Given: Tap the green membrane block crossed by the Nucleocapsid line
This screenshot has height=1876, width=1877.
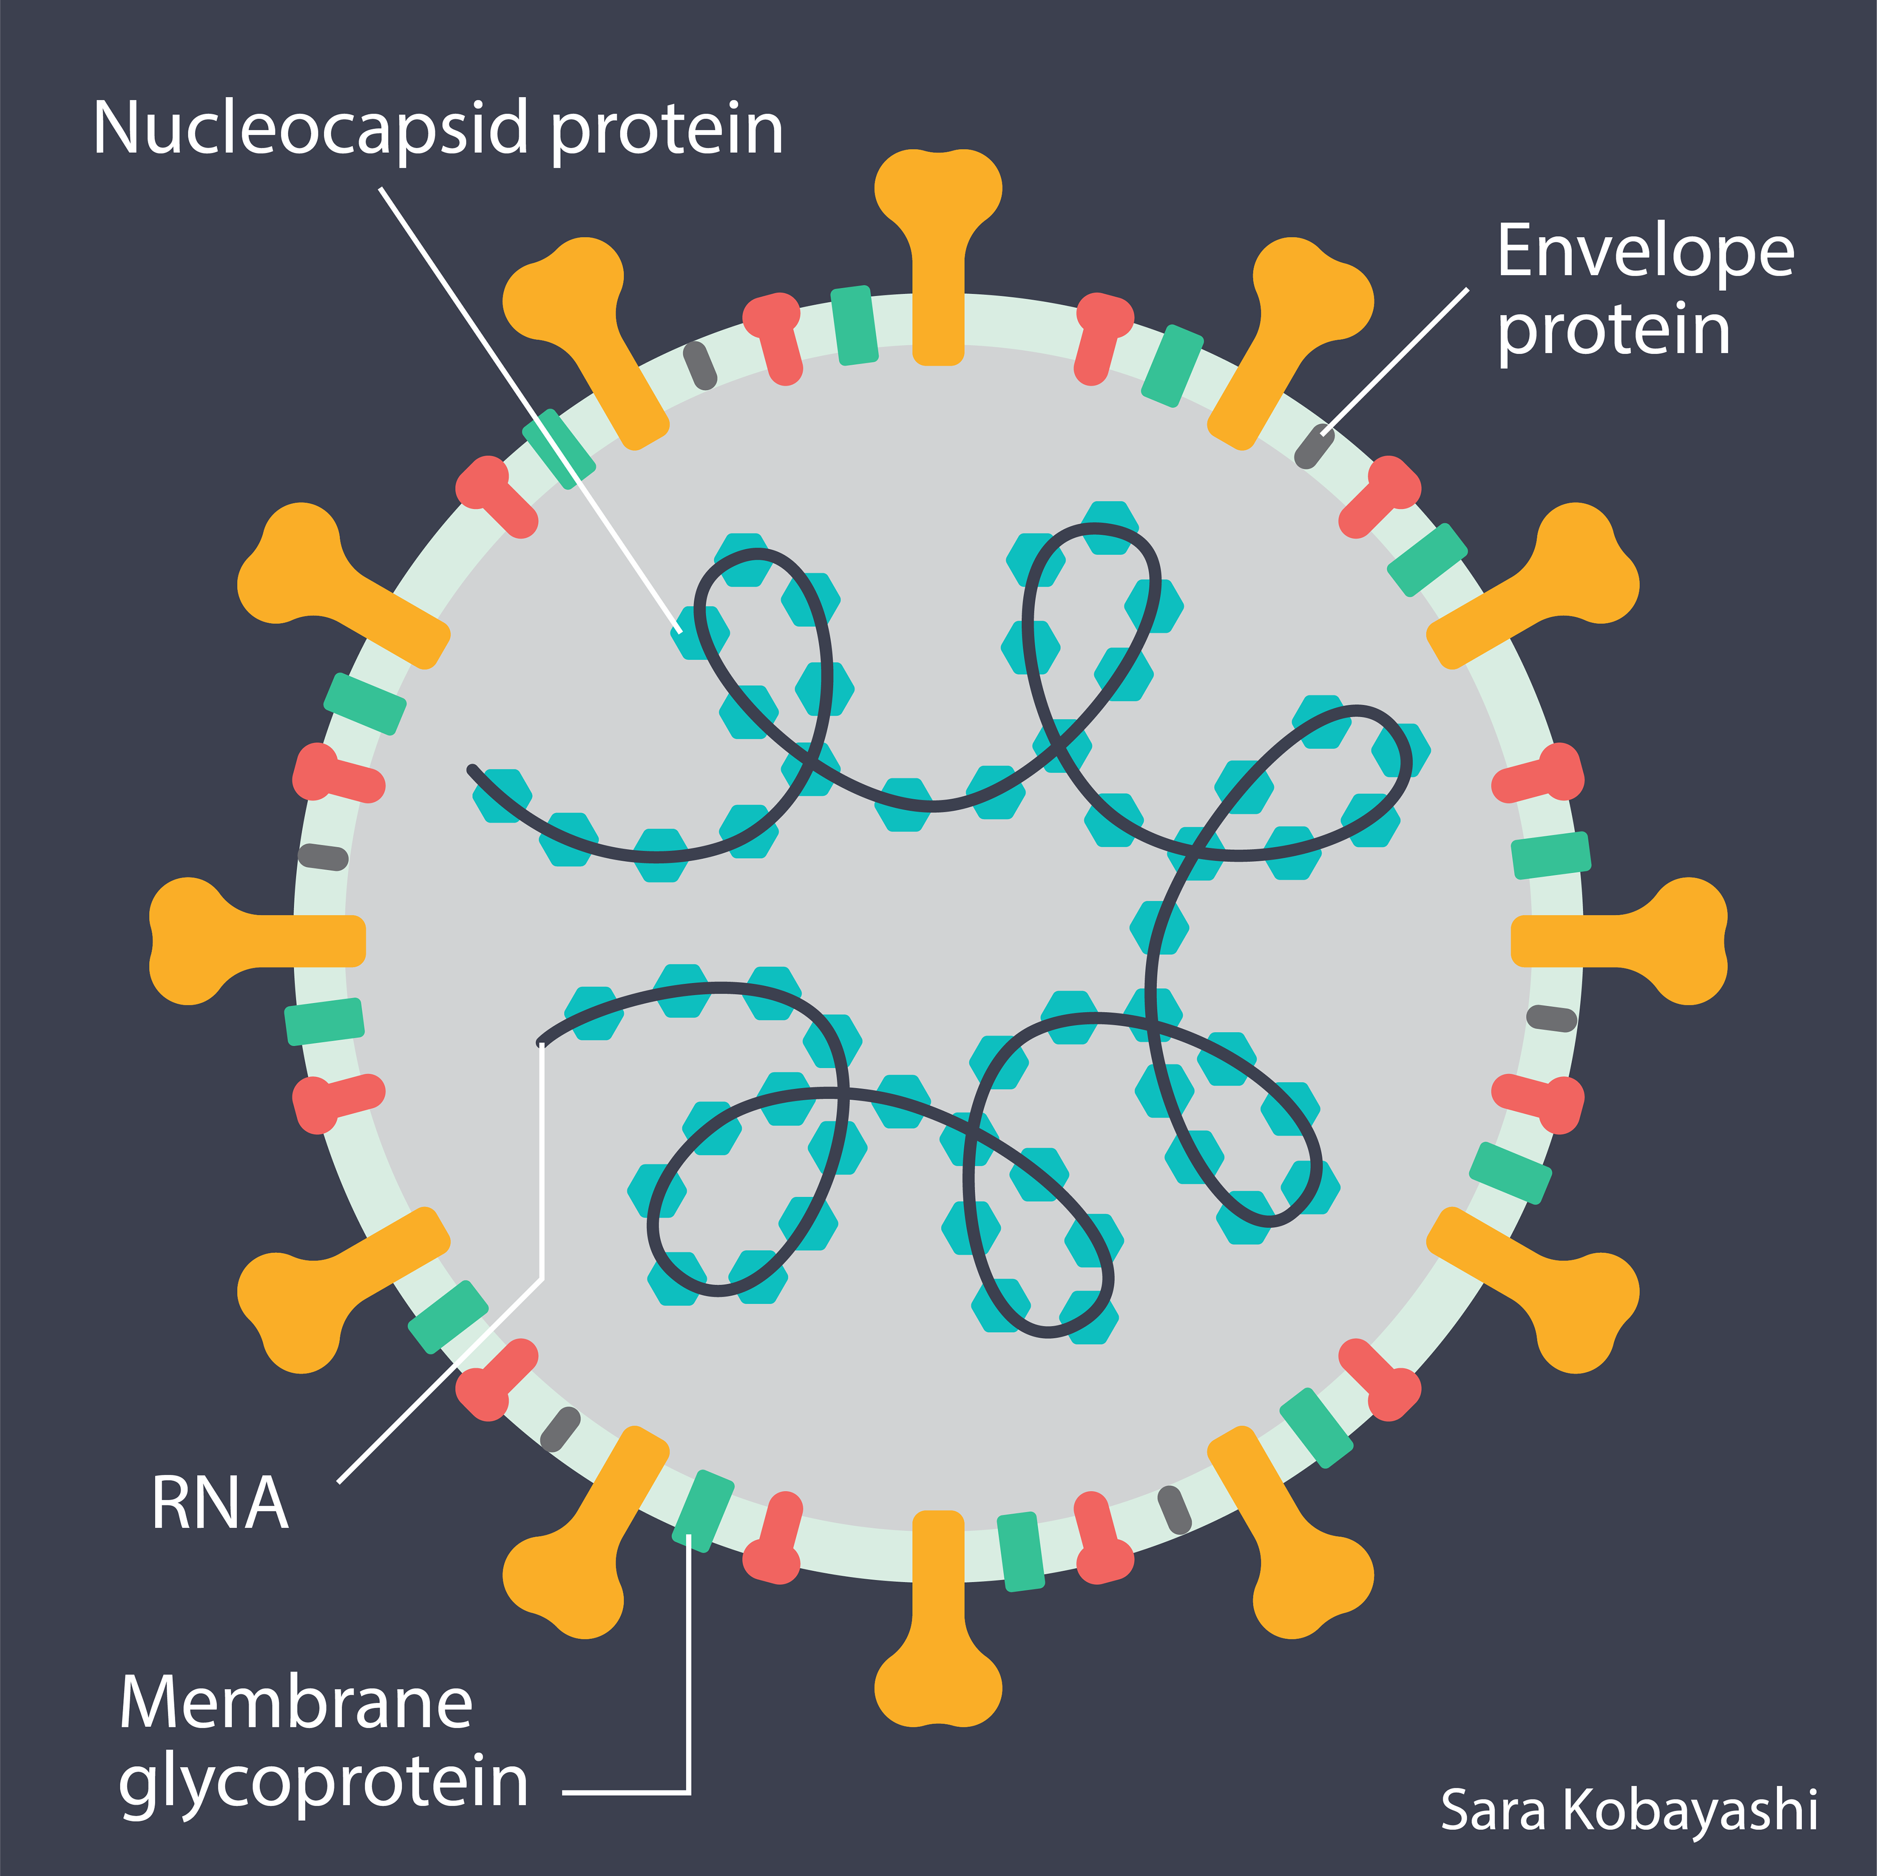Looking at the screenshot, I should (559, 449).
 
